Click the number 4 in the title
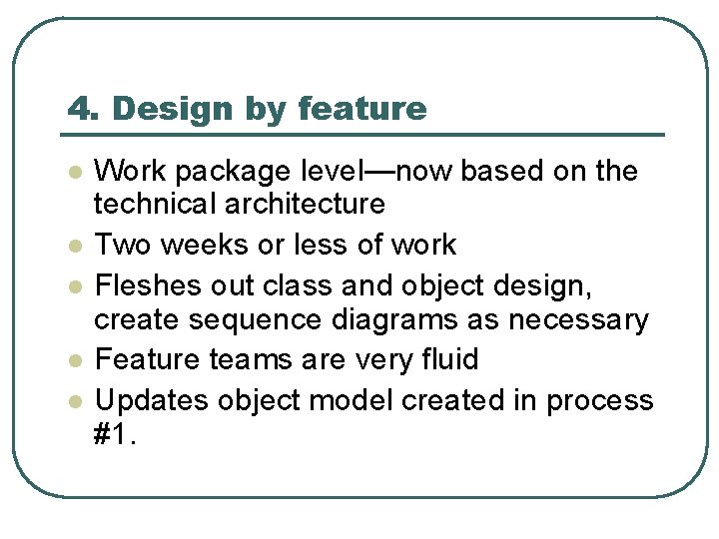(78, 109)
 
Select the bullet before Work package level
(74, 172)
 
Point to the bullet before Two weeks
(74, 246)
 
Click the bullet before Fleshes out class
(74, 285)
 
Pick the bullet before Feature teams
(74, 359)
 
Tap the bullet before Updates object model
(74, 400)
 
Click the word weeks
(206, 245)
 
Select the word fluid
(444, 358)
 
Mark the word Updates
(148, 401)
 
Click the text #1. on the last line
(115, 435)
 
